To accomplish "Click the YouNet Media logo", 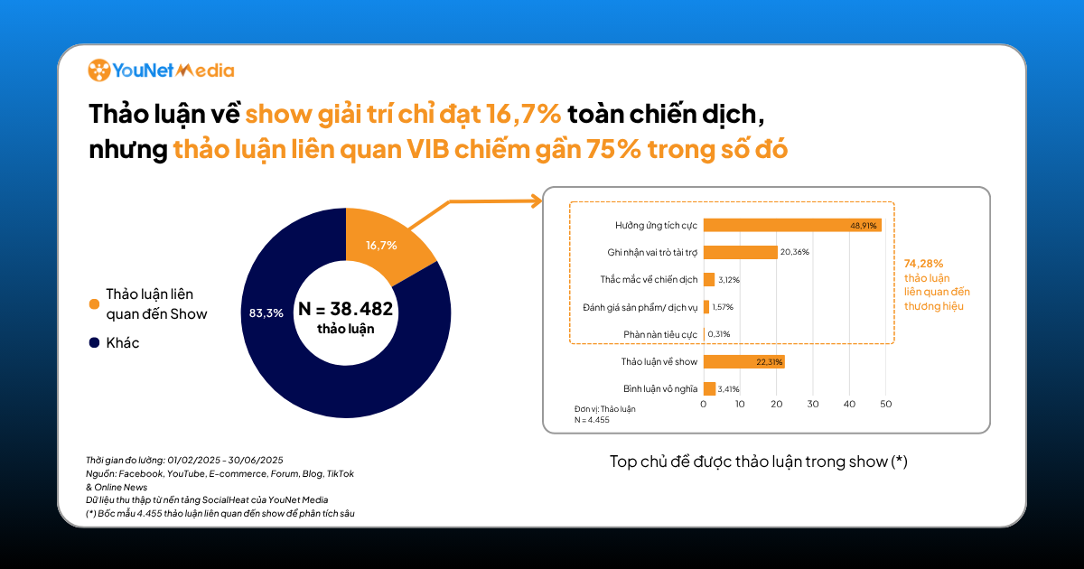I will (161, 70).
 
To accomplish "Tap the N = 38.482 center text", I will (345, 310).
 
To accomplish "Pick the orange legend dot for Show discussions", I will (93, 304).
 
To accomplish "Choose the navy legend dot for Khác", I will (93, 343).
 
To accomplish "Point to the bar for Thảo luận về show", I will (744, 361).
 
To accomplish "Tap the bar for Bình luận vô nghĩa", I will (710, 388).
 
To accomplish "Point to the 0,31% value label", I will (720, 334).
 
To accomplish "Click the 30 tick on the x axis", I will (813, 404).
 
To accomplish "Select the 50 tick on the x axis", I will (885, 404).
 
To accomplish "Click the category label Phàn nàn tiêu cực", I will (660, 334).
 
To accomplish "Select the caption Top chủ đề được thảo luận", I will (758, 462).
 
